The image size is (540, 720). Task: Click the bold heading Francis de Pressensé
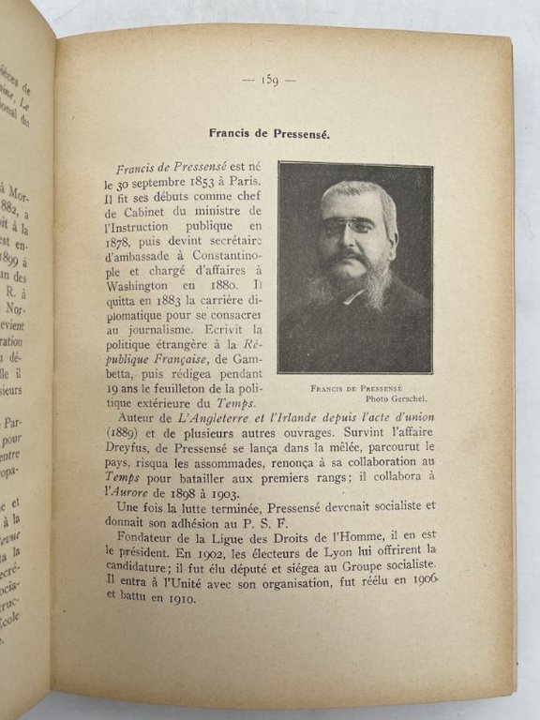pos(269,133)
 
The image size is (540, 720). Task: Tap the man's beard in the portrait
pos(354,286)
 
